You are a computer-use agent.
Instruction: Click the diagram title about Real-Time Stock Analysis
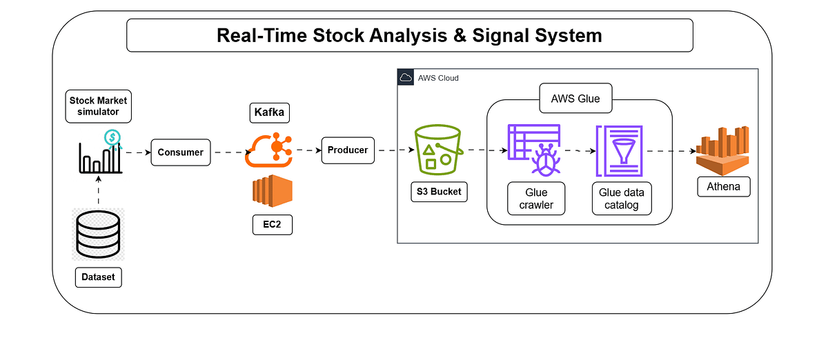click(409, 35)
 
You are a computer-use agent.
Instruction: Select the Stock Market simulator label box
click(98, 106)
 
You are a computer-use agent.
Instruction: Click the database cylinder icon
click(98, 234)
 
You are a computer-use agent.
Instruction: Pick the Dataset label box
click(98, 278)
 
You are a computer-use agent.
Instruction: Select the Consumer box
click(180, 152)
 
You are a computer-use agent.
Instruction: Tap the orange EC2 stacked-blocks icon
click(272, 191)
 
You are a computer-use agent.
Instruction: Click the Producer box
click(348, 150)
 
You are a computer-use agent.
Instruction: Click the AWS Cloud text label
click(438, 78)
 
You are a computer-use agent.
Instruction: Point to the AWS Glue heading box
click(575, 99)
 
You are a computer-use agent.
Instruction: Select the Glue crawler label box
click(535, 199)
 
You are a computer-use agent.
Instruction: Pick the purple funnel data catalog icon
click(619, 151)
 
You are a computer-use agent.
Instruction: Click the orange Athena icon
click(722, 150)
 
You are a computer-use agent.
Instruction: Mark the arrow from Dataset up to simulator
click(98, 190)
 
